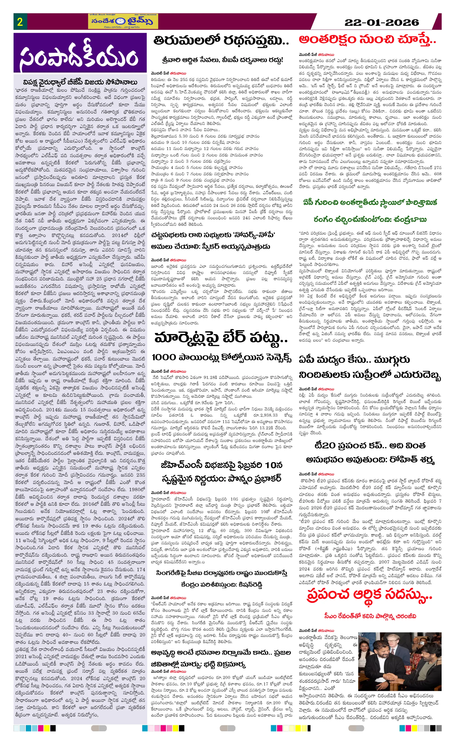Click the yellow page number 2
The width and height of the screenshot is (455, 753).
click(x=20, y=22)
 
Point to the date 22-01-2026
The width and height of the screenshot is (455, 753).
click(x=382, y=22)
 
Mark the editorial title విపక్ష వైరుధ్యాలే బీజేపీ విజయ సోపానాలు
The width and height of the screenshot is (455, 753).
click(x=80, y=82)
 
